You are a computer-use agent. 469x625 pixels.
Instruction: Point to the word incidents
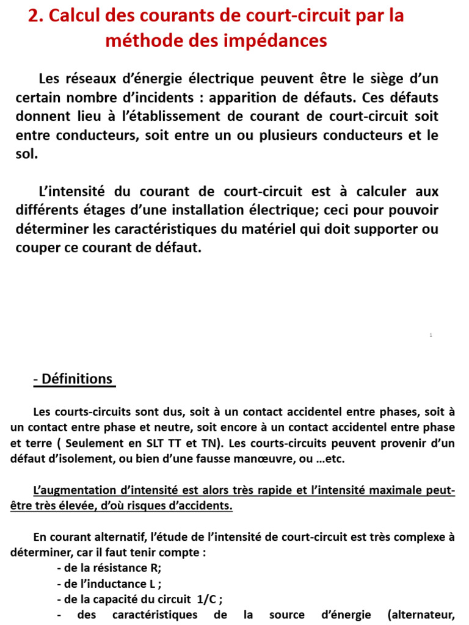pos(164,98)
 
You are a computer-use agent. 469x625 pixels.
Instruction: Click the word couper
pos(38,249)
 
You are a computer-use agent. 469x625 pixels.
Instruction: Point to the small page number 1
pos(431,335)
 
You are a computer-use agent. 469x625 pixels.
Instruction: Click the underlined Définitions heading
pos(74,379)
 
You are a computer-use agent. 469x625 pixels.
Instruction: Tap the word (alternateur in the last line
pos(421,615)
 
